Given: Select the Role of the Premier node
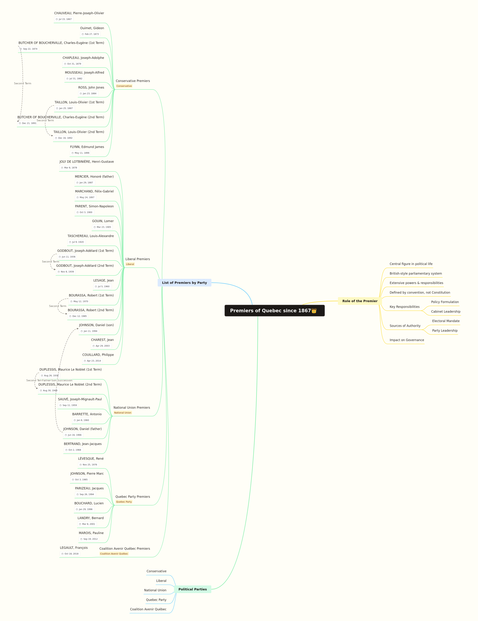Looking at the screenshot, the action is tap(360, 301).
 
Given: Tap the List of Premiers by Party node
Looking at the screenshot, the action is tap(184, 283).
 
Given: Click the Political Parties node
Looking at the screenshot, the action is tap(193, 589).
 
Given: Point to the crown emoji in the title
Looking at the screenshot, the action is tap(314, 310).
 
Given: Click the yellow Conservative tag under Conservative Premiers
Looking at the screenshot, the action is tap(124, 86).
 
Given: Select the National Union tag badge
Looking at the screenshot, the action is tap(123, 413).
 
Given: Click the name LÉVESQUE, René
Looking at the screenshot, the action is tap(91, 458).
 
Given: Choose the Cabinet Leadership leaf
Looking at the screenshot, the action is tap(446, 311).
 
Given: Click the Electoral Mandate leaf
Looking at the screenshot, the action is tap(446, 321).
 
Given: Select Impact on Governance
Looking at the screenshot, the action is tap(407, 340).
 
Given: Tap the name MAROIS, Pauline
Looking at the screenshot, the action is tap(91, 533).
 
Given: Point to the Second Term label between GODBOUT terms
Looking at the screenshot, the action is tap(51, 262).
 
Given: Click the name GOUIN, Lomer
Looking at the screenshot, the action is tap(103, 221).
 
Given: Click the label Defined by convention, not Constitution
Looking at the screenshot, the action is tap(420, 292).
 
